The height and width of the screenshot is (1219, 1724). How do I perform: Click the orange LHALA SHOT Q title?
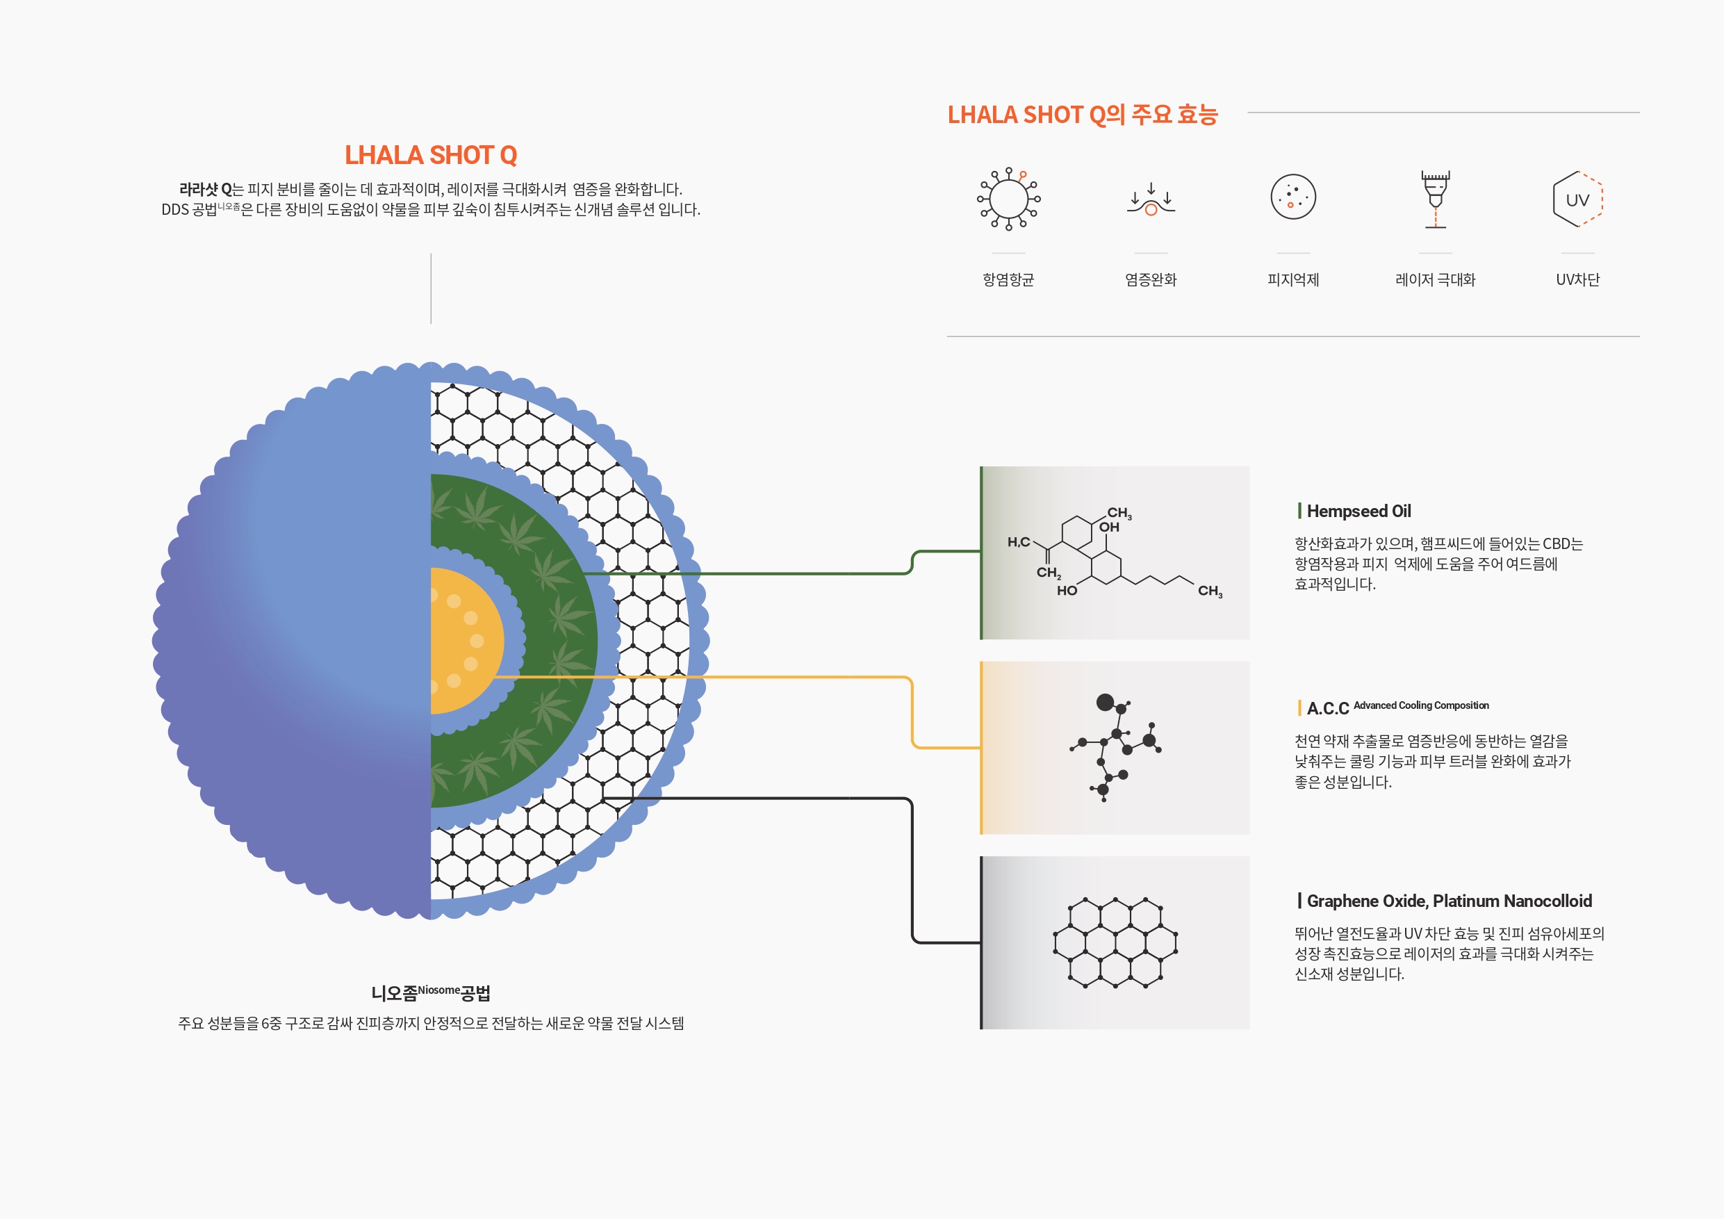(431, 155)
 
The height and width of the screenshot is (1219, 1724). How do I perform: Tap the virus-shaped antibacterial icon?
(1008, 198)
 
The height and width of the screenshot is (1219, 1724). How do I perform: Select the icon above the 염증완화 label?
(1151, 198)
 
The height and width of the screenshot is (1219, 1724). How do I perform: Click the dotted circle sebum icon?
(1293, 197)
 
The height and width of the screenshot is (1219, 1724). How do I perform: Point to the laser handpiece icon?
(1436, 199)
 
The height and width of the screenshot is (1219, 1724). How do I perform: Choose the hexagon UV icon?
(1577, 199)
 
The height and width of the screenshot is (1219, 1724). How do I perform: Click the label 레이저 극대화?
(1436, 279)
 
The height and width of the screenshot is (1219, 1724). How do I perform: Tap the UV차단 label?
(1577, 279)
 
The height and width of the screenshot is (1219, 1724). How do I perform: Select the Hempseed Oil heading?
(1358, 512)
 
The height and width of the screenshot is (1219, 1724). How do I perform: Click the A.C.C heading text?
(1327, 708)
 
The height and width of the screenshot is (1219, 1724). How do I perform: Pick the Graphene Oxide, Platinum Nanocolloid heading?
(1450, 901)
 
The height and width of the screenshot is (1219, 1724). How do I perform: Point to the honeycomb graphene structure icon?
(1115, 942)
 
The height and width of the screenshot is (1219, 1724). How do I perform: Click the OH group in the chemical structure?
(1109, 527)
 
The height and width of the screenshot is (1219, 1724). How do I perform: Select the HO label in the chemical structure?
(1067, 590)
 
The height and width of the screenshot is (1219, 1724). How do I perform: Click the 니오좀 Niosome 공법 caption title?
(431, 993)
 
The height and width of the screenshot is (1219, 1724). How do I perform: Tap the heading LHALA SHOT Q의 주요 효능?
(1082, 114)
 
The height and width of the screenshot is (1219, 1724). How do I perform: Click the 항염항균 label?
(1008, 279)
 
